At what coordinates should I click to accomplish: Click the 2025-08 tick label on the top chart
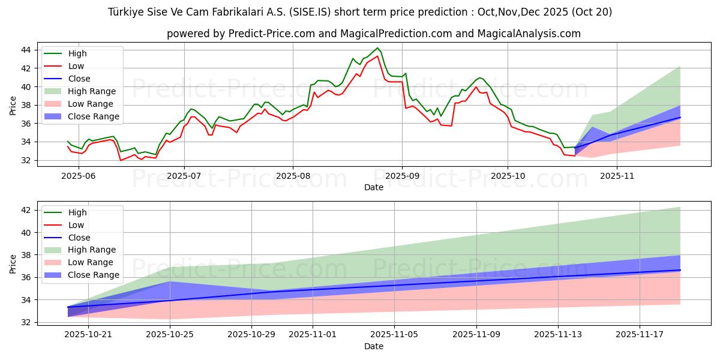[293, 176]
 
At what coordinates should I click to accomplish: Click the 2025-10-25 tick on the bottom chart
[170, 335]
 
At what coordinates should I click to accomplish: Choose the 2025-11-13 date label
[558, 335]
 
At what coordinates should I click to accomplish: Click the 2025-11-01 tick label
[313, 335]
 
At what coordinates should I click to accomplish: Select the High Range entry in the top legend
[92, 91]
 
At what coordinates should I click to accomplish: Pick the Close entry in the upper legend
[79, 79]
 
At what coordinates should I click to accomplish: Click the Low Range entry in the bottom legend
[90, 262]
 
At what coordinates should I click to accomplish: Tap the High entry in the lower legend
[77, 212]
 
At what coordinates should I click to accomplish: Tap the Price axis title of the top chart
[13, 106]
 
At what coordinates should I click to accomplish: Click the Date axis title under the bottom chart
[373, 347]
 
